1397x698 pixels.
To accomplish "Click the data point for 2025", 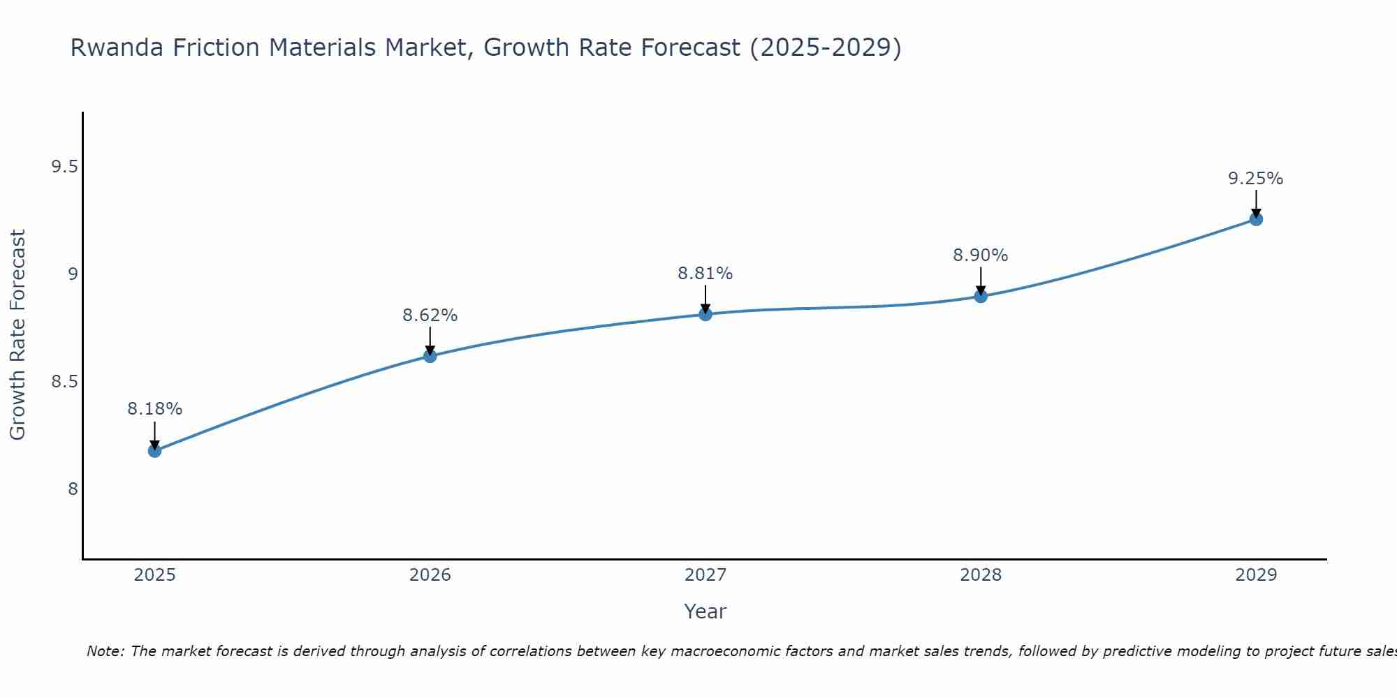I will (x=154, y=451).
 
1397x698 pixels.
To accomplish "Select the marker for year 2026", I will (x=430, y=356).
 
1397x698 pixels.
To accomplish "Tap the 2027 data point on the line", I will (x=705, y=314).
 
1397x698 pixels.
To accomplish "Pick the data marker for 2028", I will (x=981, y=296).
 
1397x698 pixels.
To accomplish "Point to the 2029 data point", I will (x=1256, y=219).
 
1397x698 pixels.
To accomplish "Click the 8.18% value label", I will (x=154, y=409).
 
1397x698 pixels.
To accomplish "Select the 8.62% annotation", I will (x=430, y=315).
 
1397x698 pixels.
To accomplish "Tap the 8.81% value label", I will (x=705, y=274).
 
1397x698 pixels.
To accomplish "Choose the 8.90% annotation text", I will (x=981, y=255).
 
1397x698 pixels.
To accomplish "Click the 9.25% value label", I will (x=1256, y=179).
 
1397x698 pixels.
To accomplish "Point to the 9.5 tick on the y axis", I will (x=64, y=167).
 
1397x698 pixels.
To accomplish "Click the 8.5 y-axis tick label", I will (x=64, y=382).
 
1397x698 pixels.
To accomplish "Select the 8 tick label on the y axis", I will (x=73, y=489).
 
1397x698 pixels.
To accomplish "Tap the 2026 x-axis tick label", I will (x=430, y=575).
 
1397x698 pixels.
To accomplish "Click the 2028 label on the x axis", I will (x=981, y=575).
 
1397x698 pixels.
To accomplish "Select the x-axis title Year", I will (x=705, y=611).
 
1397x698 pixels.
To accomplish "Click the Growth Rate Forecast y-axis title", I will (x=17, y=335).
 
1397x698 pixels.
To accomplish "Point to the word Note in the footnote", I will (x=105, y=651).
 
